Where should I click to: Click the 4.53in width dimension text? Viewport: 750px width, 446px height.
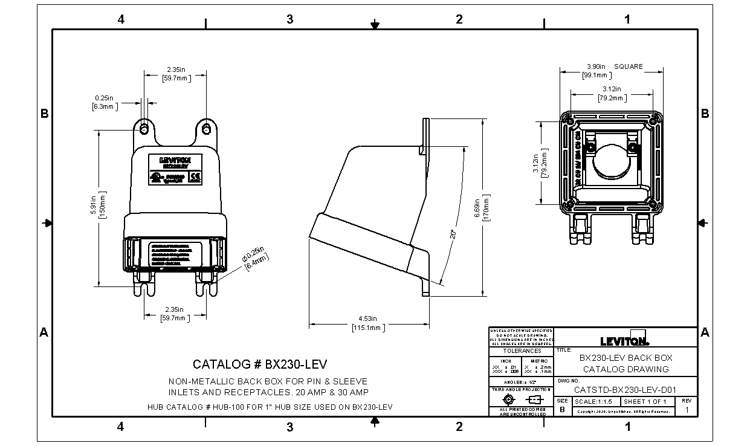(x=367, y=318)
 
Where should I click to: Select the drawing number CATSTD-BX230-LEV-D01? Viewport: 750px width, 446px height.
(x=625, y=390)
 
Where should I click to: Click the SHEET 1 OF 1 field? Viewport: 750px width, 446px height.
(x=645, y=401)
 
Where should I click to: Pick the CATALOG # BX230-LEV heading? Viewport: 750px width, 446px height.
(x=260, y=364)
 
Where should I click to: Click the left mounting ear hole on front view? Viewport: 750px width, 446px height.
(x=144, y=129)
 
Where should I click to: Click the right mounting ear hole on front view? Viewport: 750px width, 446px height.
(x=207, y=129)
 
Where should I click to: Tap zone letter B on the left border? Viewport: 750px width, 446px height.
(x=44, y=114)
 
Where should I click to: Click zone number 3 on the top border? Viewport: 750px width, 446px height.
(x=290, y=19)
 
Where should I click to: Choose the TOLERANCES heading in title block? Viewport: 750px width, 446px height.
(x=522, y=351)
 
